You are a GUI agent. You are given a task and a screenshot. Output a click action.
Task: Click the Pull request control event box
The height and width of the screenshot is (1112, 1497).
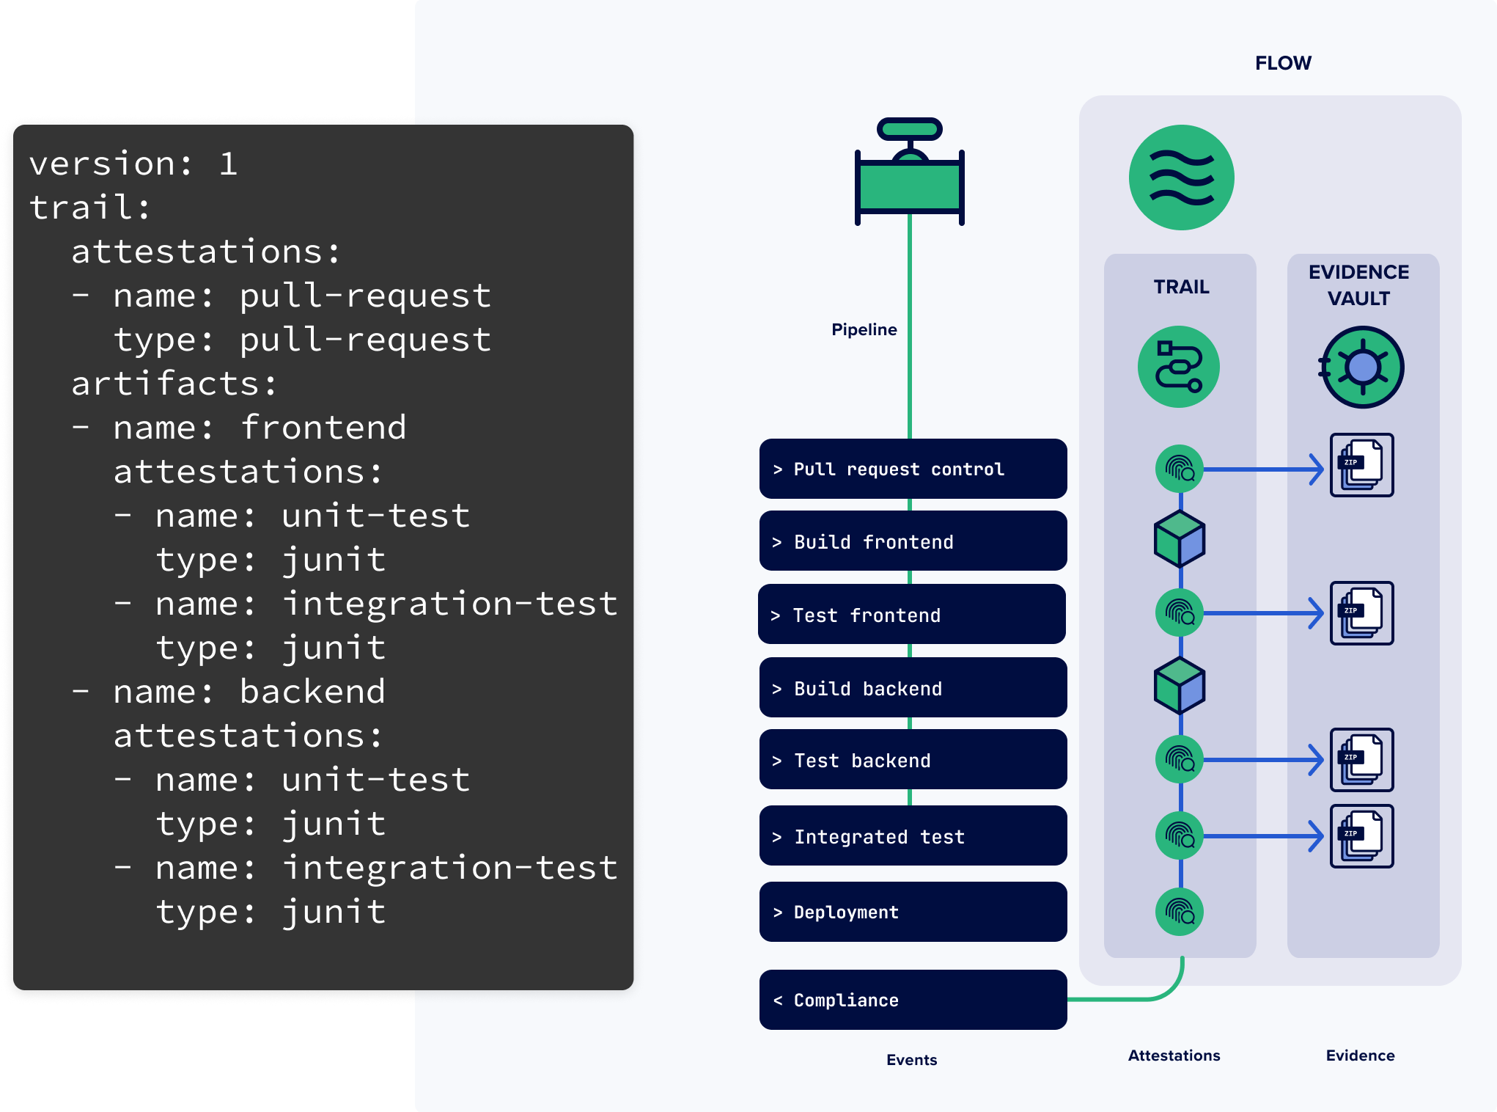[x=913, y=469]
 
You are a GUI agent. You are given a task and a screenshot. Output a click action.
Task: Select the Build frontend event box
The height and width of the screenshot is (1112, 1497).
[x=913, y=541]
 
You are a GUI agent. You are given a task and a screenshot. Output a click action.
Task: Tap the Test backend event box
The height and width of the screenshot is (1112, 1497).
[x=913, y=760]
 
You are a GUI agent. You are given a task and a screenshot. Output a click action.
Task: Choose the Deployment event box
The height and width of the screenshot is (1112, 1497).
[x=913, y=912]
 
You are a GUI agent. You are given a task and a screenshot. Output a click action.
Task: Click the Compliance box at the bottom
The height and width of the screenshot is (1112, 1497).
[x=913, y=1000]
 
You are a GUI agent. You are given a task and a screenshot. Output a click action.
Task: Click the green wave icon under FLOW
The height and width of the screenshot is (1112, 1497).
[x=1181, y=178]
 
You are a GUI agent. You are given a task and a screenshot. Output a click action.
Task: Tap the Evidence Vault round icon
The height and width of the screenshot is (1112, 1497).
[x=1362, y=367]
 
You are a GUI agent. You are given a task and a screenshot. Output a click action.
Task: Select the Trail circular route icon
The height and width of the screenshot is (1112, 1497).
[x=1179, y=367]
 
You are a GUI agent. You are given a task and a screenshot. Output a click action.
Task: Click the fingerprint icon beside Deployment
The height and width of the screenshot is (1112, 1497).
[x=1180, y=912]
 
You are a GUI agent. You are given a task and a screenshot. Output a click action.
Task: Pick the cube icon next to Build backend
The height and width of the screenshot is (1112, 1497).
[x=1180, y=687]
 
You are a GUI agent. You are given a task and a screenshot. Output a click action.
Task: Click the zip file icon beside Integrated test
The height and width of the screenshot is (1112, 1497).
[x=1362, y=836]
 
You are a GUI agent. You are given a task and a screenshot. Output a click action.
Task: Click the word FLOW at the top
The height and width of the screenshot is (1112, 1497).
[x=1283, y=63]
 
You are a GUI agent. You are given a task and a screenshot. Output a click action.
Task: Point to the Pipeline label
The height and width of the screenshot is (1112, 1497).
[x=864, y=329]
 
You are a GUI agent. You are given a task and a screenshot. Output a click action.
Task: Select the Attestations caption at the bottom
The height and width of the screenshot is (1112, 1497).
[x=1174, y=1056]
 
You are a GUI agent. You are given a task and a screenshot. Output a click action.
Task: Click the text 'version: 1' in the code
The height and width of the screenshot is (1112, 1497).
[x=133, y=164]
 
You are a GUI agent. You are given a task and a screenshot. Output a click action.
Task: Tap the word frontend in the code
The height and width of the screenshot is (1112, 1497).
[x=323, y=428]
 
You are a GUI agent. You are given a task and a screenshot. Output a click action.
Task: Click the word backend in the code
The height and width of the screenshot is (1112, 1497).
[x=312, y=692]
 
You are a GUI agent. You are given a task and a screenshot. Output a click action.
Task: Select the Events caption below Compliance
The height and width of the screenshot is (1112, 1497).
[x=911, y=1060]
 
